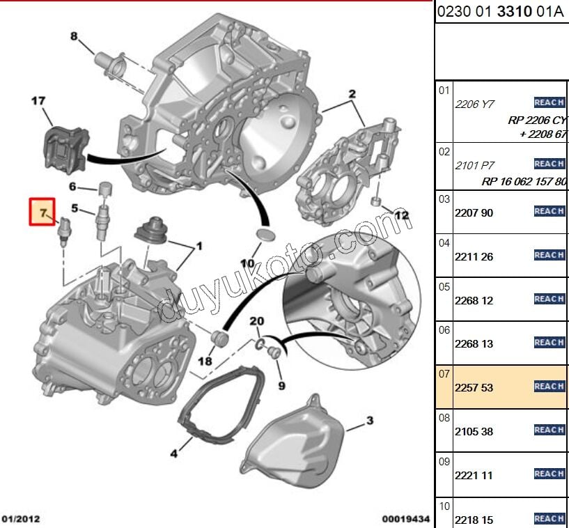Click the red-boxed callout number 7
[x=42, y=212]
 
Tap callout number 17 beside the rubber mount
[x=38, y=101]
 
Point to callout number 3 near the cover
[x=370, y=420]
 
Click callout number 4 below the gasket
[x=174, y=455]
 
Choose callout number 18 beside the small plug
[x=205, y=362]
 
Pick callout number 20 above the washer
[x=258, y=320]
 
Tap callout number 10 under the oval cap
[x=248, y=263]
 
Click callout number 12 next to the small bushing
[x=402, y=215]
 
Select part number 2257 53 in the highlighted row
[x=474, y=387]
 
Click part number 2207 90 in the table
[x=474, y=212]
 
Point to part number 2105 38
[x=474, y=431]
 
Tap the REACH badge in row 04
[x=549, y=255]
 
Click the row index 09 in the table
[x=444, y=461]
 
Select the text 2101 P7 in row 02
[x=474, y=165]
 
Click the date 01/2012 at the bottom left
[x=21, y=519]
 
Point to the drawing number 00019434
[x=405, y=519]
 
